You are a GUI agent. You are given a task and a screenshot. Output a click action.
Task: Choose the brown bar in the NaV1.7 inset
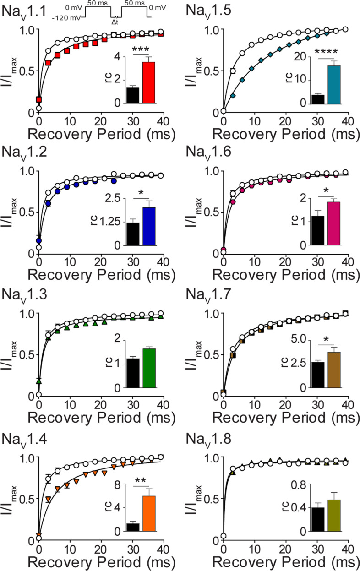pyautogui.click(x=333, y=370)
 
